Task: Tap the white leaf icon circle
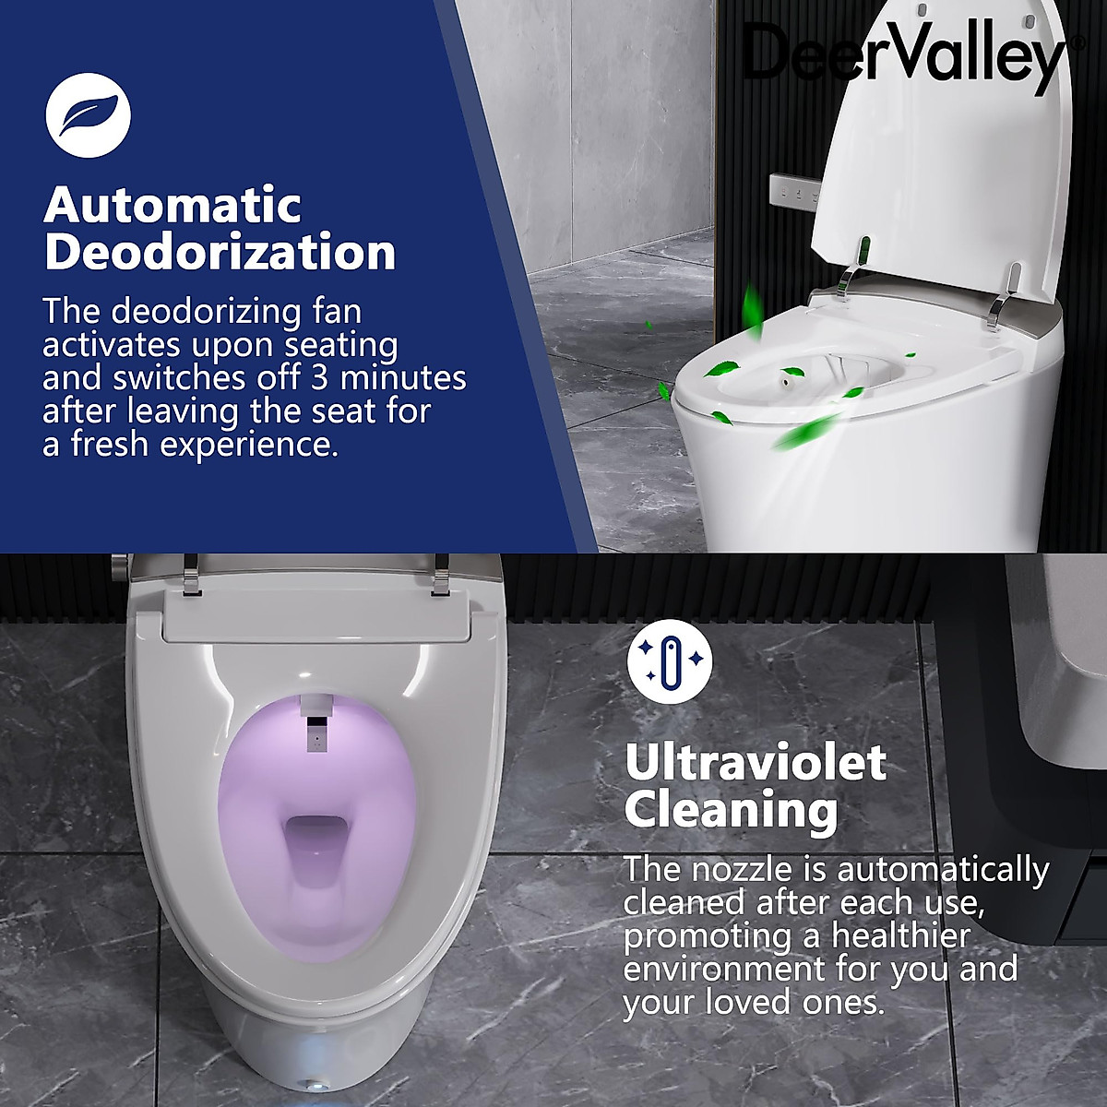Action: (89, 115)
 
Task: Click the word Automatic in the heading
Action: (173, 205)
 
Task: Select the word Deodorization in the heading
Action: (220, 252)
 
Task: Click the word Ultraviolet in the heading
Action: (756, 763)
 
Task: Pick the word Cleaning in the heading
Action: (731, 811)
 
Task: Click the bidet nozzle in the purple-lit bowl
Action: (315, 729)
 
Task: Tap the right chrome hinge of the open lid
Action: (1006, 288)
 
